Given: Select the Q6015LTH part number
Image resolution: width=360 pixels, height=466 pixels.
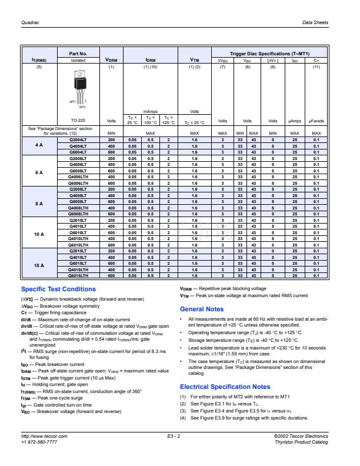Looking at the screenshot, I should tap(78, 275).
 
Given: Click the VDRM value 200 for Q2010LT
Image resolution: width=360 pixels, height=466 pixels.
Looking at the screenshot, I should tap(112, 219).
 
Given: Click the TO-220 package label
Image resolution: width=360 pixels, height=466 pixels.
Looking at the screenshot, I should tap(79, 120).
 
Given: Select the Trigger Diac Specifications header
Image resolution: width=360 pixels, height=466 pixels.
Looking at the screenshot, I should tap(269, 53).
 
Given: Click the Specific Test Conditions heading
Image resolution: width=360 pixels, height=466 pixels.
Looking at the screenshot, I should tap(58, 289).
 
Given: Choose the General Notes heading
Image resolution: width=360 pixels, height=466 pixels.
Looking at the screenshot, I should tap(201, 309).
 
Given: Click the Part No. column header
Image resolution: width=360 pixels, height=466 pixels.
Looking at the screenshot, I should tap(78, 53).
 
